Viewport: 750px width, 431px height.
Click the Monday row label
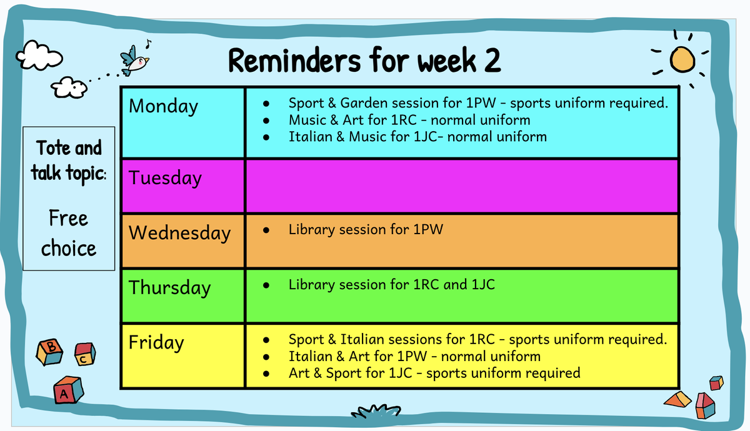point(163,107)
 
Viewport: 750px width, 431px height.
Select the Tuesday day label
point(165,178)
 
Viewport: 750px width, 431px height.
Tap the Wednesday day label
point(180,233)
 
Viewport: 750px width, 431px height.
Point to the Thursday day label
point(170,288)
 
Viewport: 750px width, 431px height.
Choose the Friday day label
point(156,343)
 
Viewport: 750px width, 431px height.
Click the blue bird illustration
point(134,61)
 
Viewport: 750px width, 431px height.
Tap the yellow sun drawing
point(682,59)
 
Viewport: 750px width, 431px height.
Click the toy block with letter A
point(68,390)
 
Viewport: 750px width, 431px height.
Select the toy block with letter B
point(49,352)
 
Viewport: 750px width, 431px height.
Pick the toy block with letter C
point(85,354)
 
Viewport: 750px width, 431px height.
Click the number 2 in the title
point(492,61)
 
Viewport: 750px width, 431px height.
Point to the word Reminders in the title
point(294,61)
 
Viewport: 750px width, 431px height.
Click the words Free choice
point(69,233)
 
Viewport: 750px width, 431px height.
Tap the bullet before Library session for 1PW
point(266,230)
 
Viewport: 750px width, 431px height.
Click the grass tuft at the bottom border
point(376,411)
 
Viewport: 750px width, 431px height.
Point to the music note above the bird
point(148,44)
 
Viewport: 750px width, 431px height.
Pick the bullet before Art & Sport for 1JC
point(266,374)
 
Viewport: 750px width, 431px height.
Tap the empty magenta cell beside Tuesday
point(462,186)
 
